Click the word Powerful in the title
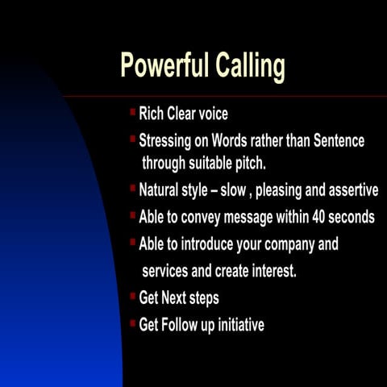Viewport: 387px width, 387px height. (x=164, y=66)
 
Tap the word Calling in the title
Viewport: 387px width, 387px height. (x=250, y=66)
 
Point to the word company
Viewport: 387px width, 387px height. (x=289, y=243)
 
